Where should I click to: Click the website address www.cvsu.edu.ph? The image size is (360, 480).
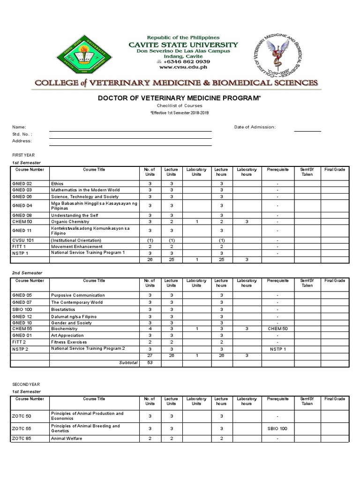[184, 67]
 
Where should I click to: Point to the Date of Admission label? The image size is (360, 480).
[255, 127]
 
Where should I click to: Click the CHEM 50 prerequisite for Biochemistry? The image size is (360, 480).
[277, 329]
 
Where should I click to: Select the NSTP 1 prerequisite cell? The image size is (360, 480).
[277, 349]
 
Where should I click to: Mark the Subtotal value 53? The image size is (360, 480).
[150, 362]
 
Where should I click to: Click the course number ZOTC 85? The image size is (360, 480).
[22, 439]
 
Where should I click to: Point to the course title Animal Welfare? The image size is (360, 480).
[67, 439]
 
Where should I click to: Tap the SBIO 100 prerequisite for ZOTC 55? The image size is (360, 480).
[277, 428]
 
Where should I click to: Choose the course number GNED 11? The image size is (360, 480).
[22, 231]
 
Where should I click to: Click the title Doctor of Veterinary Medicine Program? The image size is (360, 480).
[179, 98]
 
